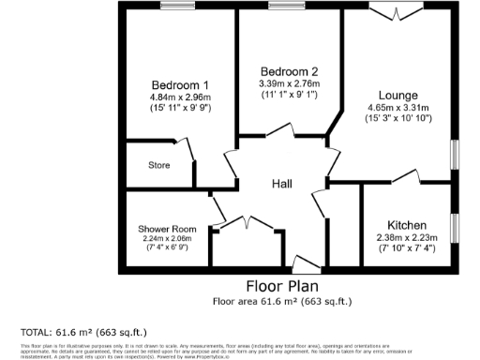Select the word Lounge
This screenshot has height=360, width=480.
pyautogui.click(x=398, y=95)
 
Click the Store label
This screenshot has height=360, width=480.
pyautogui.click(x=158, y=166)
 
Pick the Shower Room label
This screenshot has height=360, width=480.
pyautogui.click(x=167, y=229)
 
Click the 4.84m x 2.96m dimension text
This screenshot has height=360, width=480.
pyautogui.click(x=180, y=96)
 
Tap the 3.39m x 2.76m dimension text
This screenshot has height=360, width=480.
pyautogui.click(x=289, y=83)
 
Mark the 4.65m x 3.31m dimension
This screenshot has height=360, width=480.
pyautogui.click(x=398, y=108)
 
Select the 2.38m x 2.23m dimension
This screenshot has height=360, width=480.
pyautogui.click(x=405, y=238)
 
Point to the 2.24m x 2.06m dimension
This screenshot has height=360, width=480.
pyautogui.click(x=167, y=239)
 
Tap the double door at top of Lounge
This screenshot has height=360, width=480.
pyautogui.click(x=387, y=9)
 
